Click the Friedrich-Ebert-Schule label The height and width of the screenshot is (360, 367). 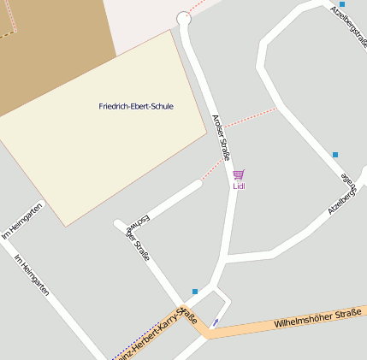click(136, 106)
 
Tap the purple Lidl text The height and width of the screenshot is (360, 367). click(239, 186)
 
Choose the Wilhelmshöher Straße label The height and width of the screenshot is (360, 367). click(317, 319)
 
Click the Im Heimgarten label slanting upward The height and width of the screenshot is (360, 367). click(22, 221)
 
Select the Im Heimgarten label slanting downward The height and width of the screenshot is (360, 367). click(32, 277)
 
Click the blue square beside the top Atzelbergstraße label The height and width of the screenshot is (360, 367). click(342, 4)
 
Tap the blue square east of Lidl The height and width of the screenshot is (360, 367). click(335, 155)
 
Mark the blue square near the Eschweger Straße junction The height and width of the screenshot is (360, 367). click(195, 292)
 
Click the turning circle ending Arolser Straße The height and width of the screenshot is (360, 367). click(184, 18)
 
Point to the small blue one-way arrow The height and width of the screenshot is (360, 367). click(214, 322)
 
